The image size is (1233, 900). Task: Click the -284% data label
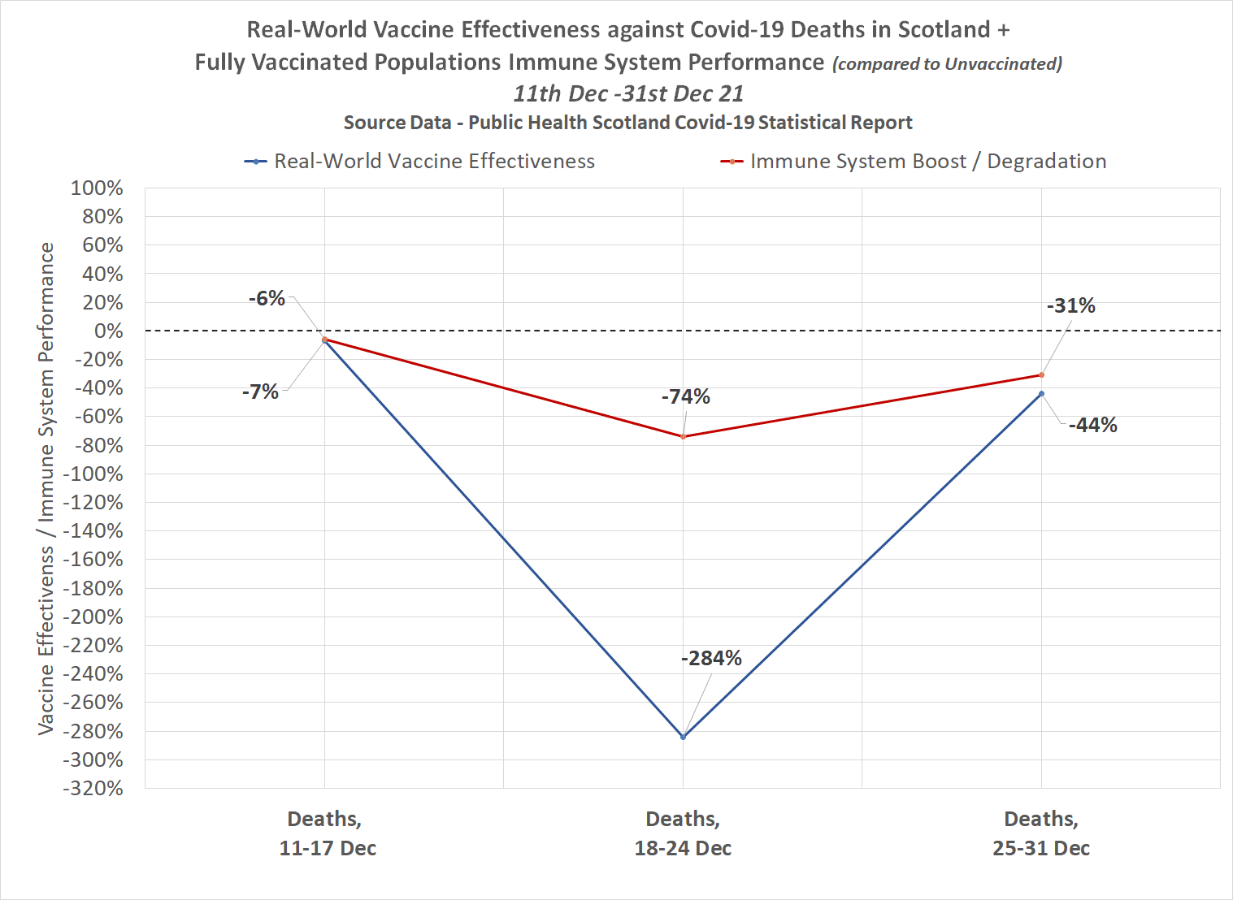click(x=711, y=658)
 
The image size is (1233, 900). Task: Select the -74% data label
click(x=685, y=396)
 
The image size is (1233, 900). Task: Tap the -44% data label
click(x=1092, y=425)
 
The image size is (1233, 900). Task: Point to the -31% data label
click(x=1070, y=305)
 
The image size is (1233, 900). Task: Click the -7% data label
click(x=260, y=392)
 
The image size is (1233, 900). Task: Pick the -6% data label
click(x=267, y=298)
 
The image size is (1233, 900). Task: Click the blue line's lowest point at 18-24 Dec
click(x=683, y=737)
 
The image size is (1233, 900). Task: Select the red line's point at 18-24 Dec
click(x=683, y=437)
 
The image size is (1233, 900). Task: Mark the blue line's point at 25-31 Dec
click(x=1041, y=394)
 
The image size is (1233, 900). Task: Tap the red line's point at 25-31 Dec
click(x=1041, y=375)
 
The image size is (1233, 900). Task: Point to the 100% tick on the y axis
click(x=97, y=188)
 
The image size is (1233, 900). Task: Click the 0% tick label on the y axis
click(x=108, y=331)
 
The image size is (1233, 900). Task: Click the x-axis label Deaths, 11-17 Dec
click(x=326, y=833)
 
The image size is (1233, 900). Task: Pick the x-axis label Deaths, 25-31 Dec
click(x=1041, y=833)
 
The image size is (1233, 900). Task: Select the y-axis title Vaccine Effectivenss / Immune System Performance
click(x=46, y=488)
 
